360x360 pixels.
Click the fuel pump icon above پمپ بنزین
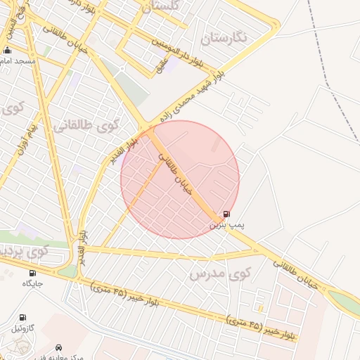click(x=226, y=214)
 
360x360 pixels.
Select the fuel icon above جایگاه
click(x=32, y=273)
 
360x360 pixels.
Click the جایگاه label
click(x=32, y=283)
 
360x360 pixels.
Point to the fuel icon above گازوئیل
click(x=22, y=318)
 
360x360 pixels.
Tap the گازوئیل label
click(x=22, y=328)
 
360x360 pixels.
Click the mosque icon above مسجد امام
click(x=8, y=51)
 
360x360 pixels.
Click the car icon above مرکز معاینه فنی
click(x=58, y=347)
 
